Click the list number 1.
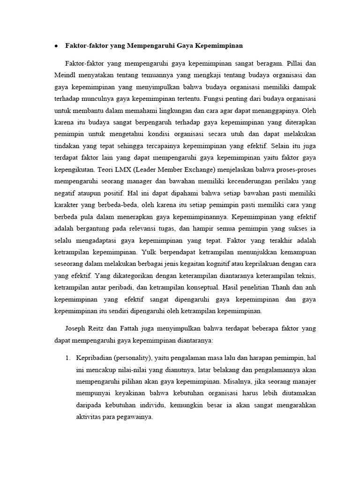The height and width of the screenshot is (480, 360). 67,358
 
